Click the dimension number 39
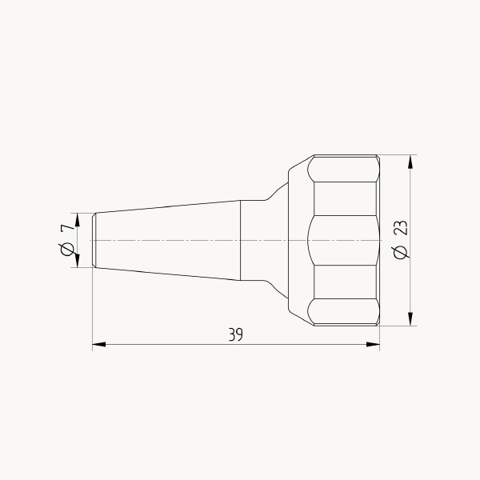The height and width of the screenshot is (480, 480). (236, 334)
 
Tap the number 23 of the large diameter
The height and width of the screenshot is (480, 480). (401, 228)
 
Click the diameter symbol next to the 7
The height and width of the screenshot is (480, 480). (67, 249)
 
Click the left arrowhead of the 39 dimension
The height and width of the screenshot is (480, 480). (99, 344)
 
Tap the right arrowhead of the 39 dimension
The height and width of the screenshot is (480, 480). (373, 344)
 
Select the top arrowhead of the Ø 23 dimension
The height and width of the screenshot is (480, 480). (410, 162)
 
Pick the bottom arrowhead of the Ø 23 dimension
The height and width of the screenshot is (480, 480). (410, 319)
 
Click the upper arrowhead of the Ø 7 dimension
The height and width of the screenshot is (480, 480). (77, 220)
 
